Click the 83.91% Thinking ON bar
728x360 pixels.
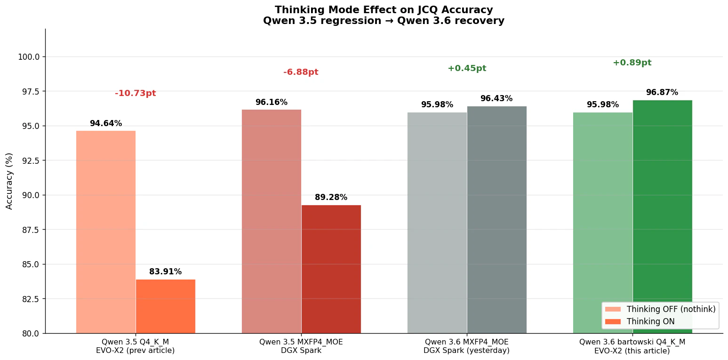click(x=165, y=306)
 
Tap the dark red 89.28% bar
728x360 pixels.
click(x=331, y=269)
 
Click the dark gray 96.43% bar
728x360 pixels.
click(x=496, y=219)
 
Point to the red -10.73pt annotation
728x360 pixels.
click(x=135, y=93)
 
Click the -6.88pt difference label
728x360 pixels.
click(x=301, y=72)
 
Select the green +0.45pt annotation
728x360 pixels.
click(x=466, y=68)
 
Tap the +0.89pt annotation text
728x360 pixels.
click(x=632, y=63)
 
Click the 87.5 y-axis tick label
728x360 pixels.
click(x=30, y=230)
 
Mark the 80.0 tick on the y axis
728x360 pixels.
click(x=30, y=333)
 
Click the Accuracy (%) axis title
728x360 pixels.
click(x=9, y=181)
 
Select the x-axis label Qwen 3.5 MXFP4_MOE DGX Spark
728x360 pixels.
click(x=301, y=346)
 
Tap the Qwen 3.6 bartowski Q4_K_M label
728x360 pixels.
click(x=632, y=342)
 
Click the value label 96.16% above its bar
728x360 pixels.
click(x=271, y=102)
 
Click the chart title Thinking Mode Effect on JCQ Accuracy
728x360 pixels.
click(x=384, y=10)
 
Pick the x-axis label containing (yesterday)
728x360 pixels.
click(x=466, y=350)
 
